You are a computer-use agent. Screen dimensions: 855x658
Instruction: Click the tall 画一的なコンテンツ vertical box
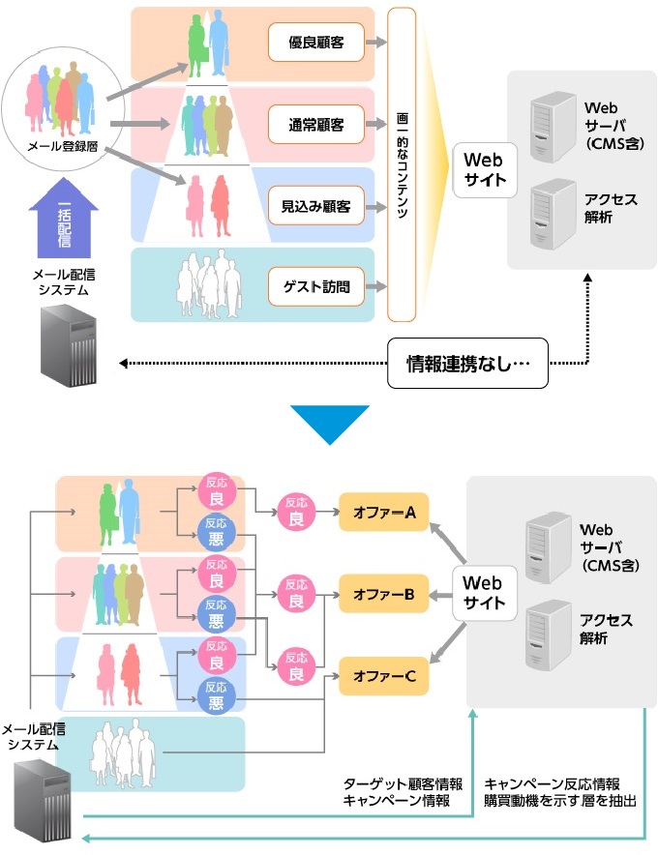[402, 164]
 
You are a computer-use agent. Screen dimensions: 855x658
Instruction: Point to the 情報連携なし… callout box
[467, 365]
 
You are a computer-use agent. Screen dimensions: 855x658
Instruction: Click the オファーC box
[383, 675]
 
